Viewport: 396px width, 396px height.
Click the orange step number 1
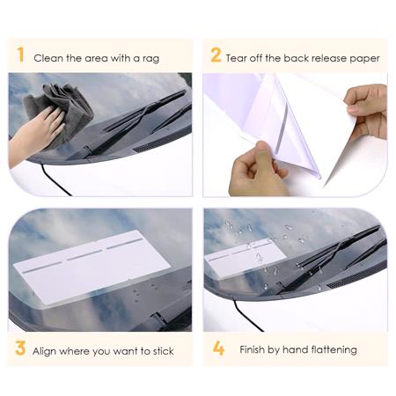click(20, 55)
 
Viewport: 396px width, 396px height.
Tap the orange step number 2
click(216, 55)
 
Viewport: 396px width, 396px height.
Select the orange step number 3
click(20, 348)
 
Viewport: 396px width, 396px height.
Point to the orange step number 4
click(218, 348)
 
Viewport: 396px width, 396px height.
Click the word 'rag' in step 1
click(151, 59)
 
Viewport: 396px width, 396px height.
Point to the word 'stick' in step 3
click(164, 351)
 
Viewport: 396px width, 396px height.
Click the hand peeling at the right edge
click(368, 112)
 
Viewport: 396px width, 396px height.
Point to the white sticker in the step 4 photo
click(246, 258)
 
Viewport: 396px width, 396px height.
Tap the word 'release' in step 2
click(329, 58)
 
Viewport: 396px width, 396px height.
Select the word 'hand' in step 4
click(295, 349)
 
